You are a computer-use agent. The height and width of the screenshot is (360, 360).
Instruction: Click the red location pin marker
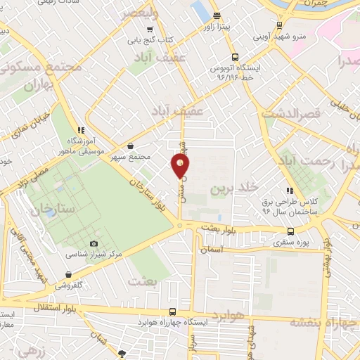pyautogui.click(x=180, y=166)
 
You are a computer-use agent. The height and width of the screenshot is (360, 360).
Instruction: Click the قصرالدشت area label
pyautogui.click(x=291, y=112)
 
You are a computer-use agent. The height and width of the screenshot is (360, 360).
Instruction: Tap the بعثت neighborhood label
pyautogui.click(x=146, y=281)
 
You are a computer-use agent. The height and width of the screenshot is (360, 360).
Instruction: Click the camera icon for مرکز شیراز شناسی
pyautogui.click(x=94, y=243)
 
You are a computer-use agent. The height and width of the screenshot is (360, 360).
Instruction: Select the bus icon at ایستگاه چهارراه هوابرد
pyautogui.click(x=172, y=312)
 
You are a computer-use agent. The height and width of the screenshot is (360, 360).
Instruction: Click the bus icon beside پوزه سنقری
pyautogui.click(x=291, y=231)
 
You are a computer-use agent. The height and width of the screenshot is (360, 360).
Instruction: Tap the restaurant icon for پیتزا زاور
pyautogui.click(x=217, y=15)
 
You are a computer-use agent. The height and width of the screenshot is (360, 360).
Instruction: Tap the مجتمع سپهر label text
pyautogui.click(x=130, y=155)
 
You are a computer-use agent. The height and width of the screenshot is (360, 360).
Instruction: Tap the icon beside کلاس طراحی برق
pyautogui.click(x=289, y=191)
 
